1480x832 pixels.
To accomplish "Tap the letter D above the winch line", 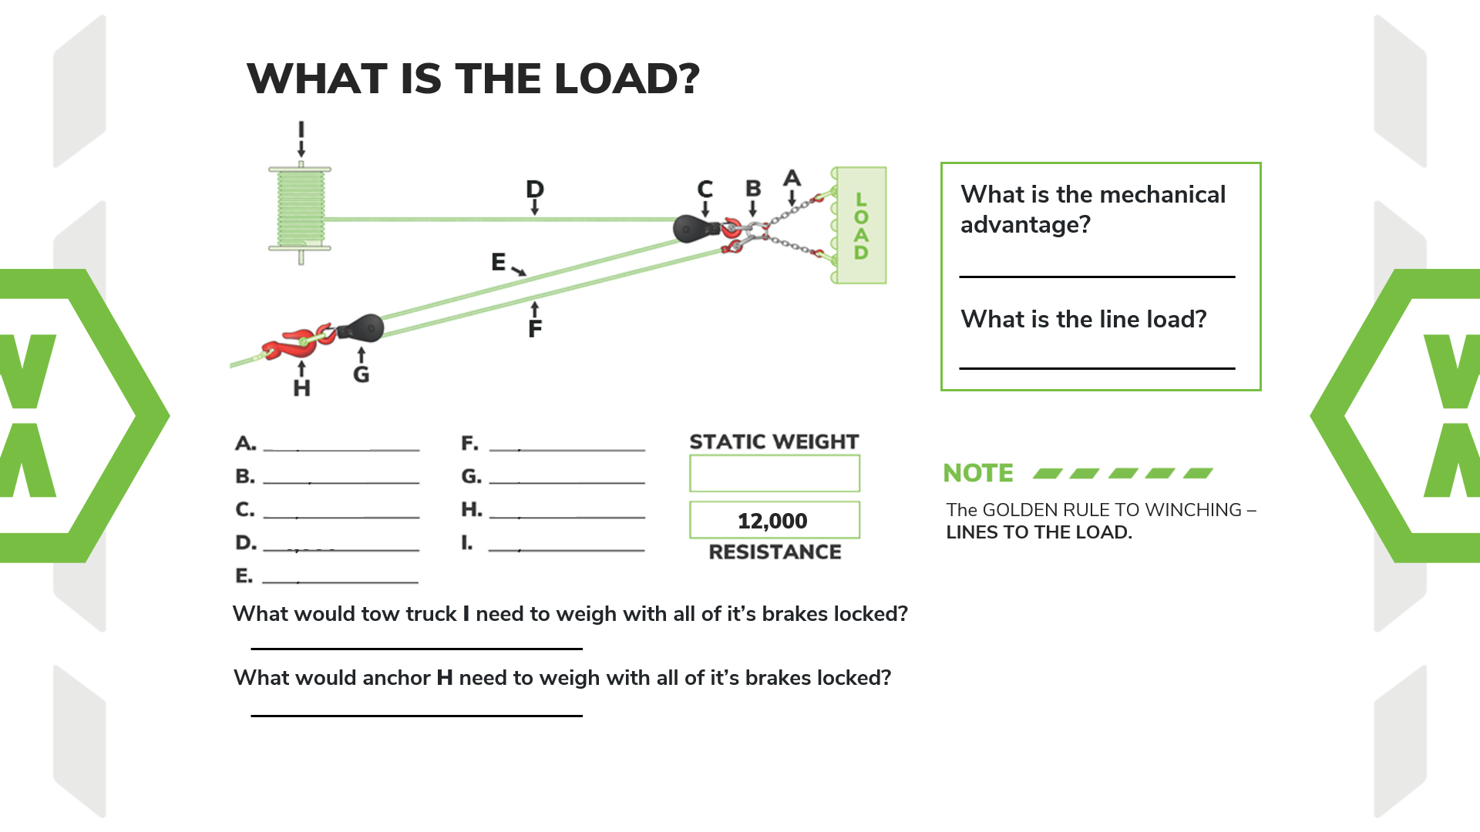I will click(x=534, y=189).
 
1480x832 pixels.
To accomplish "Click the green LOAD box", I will click(x=860, y=225).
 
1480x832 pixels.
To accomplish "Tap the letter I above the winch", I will click(x=301, y=129).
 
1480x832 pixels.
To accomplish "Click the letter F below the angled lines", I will click(x=535, y=329).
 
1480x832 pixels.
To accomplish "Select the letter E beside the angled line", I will click(x=499, y=262).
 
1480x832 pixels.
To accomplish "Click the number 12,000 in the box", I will click(x=772, y=521).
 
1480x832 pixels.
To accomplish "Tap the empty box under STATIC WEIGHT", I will click(x=774, y=473).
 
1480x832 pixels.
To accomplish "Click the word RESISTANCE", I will click(x=775, y=552).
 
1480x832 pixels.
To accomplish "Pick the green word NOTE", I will click(x=978, y=473).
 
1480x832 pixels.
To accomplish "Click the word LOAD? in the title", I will click(x=627, y=79).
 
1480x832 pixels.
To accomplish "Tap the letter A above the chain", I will click(x=792, y=178).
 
